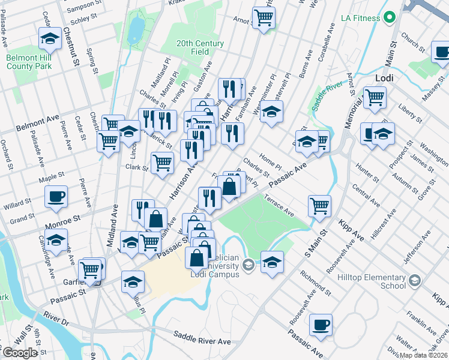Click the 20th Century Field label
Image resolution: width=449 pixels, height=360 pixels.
(x=200, y=47)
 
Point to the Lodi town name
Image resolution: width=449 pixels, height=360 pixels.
(x=384, y=78)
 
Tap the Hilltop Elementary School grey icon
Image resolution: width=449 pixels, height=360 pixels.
(x=414, y=280)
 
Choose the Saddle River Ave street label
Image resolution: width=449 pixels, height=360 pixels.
(x=202, y=338)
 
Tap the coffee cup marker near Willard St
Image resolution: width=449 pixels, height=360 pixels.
(x=56, y=197)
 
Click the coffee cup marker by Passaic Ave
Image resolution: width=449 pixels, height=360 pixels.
(x=321, y=325)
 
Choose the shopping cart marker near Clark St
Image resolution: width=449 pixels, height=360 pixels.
(x=162, y=162)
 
